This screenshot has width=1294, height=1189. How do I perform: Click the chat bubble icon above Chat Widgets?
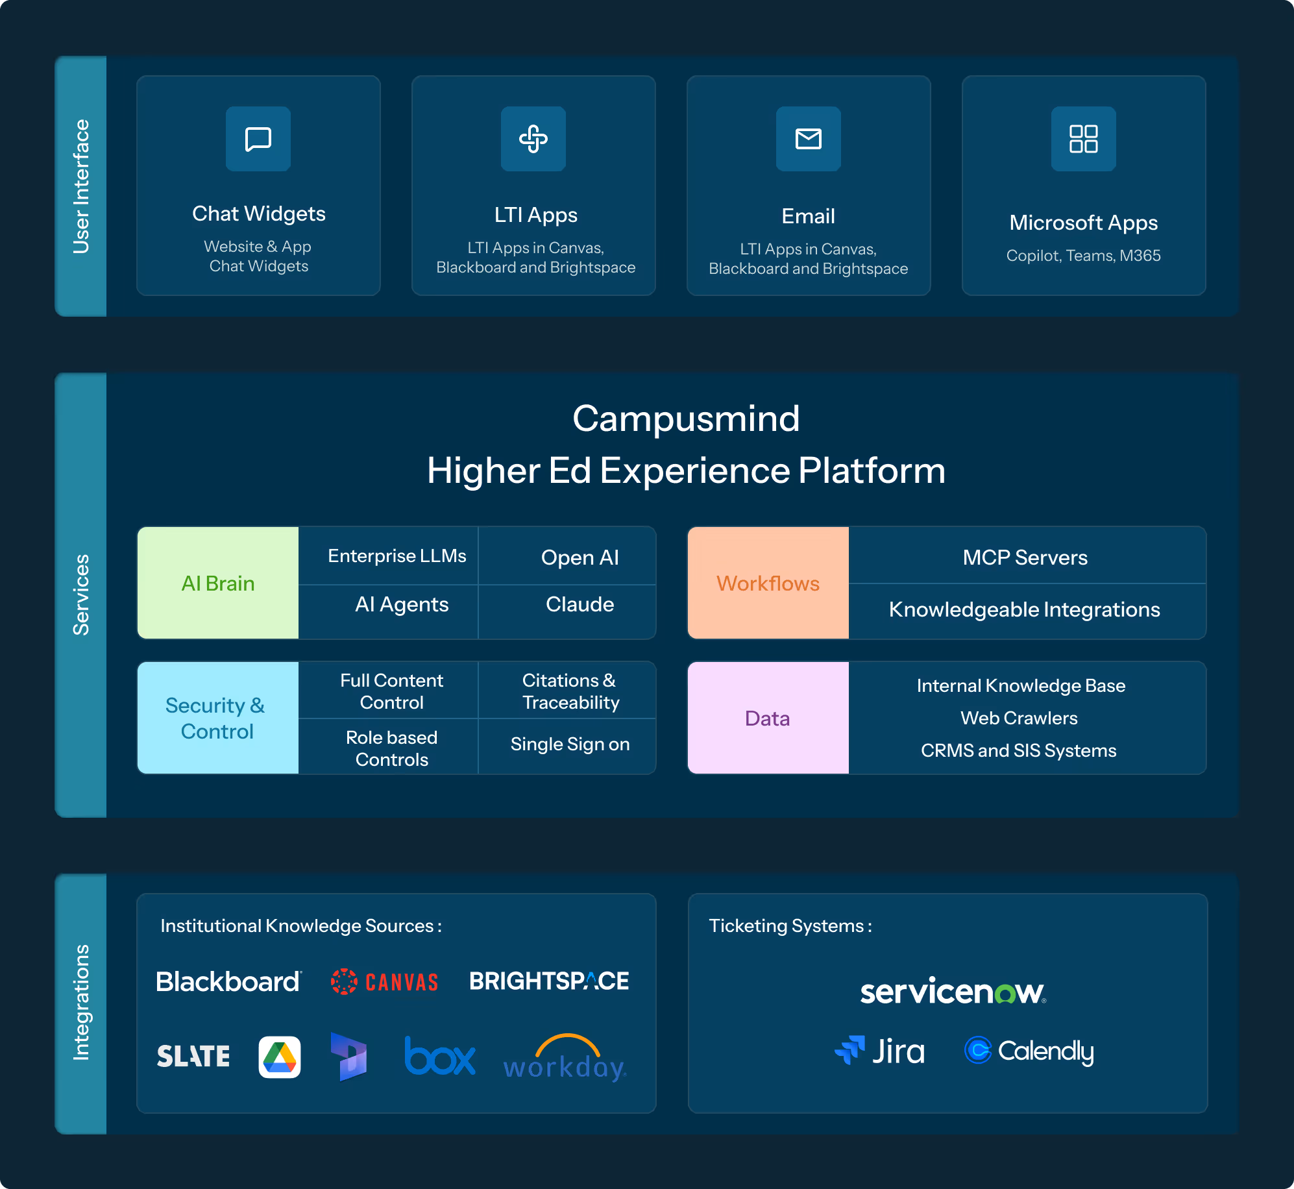(x=258, y=139)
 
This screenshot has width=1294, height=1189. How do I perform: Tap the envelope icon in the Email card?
(x=808, y=139)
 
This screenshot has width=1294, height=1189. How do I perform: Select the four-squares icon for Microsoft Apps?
(x=1083, y=139)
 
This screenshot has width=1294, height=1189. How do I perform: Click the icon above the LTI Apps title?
(x=533, y=139)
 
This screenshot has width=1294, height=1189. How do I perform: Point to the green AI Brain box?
(x=218, y=583)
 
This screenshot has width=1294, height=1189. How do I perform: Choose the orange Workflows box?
(x=768, y=583)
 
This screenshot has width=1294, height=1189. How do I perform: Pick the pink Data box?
(x=768, y=718)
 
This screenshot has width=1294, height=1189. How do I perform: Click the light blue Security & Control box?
(x=218, y=718)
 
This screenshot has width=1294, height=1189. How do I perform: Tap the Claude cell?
(x=580, y=604)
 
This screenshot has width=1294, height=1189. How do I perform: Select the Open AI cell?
(x=580, y=558)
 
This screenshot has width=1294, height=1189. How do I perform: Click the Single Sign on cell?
(x=570, y=744)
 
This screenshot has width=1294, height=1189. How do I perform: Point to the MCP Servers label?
(x=1025, y=558)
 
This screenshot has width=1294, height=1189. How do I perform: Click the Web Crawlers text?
(x=1019, y=718)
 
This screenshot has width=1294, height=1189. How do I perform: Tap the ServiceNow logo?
(x=953, y=991)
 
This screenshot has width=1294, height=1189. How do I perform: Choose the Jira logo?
(x=880, y=1051)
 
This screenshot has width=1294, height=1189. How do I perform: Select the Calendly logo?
(x=1029, y=1051)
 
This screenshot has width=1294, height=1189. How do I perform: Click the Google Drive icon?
(x=280, y=1057)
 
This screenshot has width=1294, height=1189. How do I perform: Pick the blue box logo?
(x=440, y=1057)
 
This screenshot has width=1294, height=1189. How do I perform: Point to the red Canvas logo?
(x=385, y=981)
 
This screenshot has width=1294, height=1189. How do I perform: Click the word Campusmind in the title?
(x=686, y=419)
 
